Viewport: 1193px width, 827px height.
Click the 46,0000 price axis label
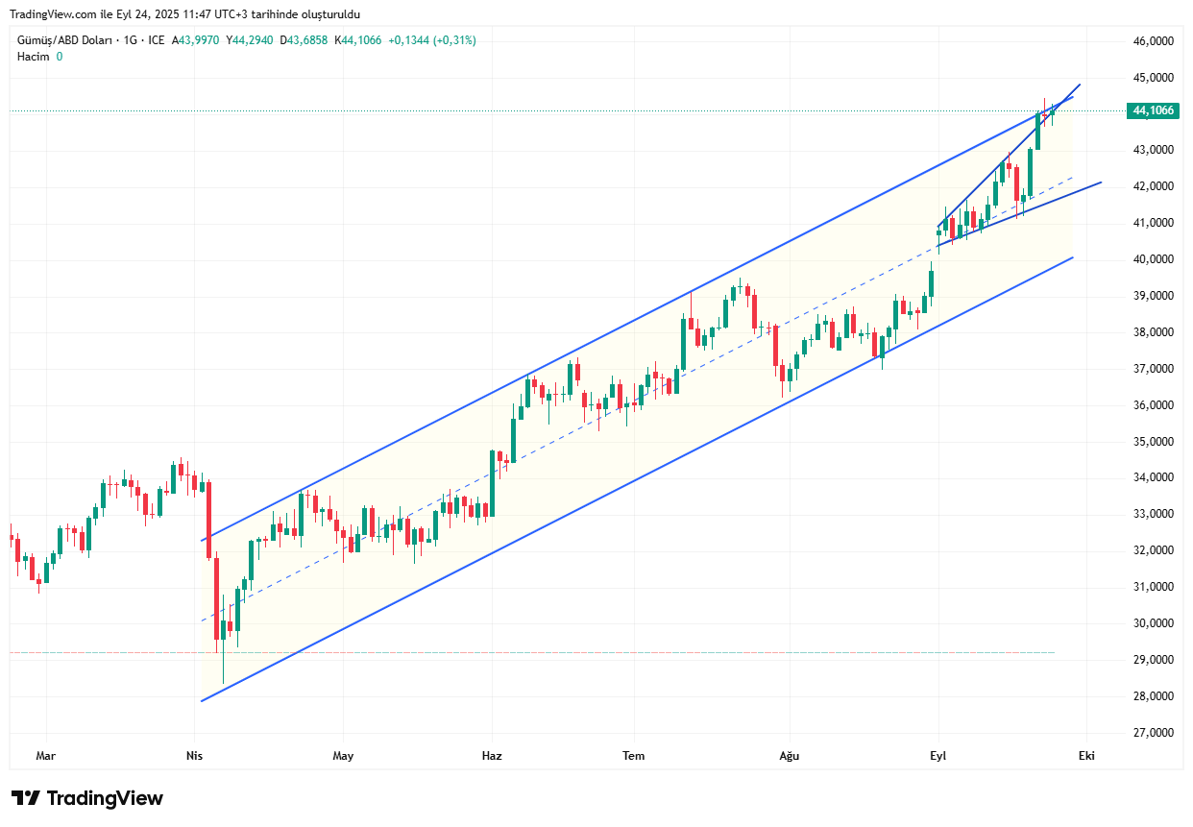pyautogui.click(x=1154, y=41)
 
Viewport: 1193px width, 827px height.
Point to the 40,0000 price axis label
pyautogui.click(x=1154, y=259)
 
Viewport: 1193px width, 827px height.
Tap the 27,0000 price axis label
pyautogui.click(x=1154, y=733)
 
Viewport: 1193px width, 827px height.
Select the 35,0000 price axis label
pyautogui.click(x=1154, y=442)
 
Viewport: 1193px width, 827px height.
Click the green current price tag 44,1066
pyautogui.click(x=1153, y=111)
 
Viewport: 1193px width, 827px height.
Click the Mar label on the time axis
pyautogui.click(x=45, y=756)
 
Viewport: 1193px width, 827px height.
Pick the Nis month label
pyautogui.click(x=194, y=756)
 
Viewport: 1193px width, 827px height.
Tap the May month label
pyautogui.click(x=343, y=756)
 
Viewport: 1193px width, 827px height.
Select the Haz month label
pyautogui.click(x=492, y=756)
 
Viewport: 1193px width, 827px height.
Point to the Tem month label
pyautogui.click(x=633, y=756)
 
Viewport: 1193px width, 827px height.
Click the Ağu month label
pyautogui.click(x=789, y=756)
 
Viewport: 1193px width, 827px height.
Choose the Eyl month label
pyautogui.click(x=937, y=756)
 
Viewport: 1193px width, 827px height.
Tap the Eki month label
pyautogui.click(x=1086, y=756)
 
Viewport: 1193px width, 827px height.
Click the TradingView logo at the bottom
pyautogui.click(x=87, y=798)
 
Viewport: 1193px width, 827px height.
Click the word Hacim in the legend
pyautogui.click(x=33, y=57)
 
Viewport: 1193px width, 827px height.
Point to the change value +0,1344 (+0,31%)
pyautogui.click(x=431, y=40)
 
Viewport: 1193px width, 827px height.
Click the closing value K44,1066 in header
pyautogui.click(x=357, y=40)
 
